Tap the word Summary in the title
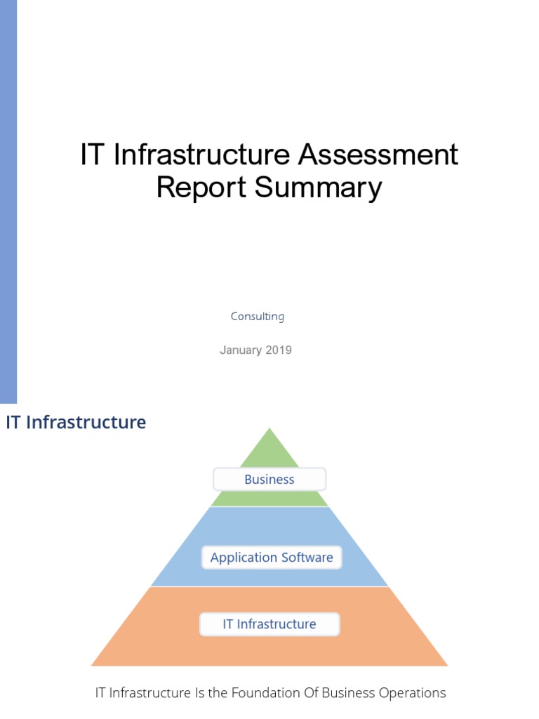click(318, 188)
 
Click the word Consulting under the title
click(258, 317)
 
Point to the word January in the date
click(239, 350)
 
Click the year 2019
click(279, 350)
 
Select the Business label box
click(269, 480)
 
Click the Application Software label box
click(272, 558)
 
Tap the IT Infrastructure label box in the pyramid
click(269, 624)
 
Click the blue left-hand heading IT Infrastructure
click(76, 423)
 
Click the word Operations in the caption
click(413, 693)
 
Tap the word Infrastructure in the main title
click(203, 155)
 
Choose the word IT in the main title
click(93, 155)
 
